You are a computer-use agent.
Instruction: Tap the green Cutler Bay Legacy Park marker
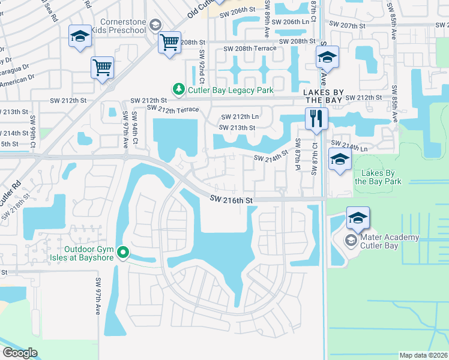[178, 90]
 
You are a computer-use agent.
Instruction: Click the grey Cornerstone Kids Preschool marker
[155, 25]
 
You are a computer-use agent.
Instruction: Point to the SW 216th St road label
[233, 199]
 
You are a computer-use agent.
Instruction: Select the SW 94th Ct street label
[136, 128]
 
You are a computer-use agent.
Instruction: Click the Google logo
[20, 353]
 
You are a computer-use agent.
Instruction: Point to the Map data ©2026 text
[423, 355]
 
